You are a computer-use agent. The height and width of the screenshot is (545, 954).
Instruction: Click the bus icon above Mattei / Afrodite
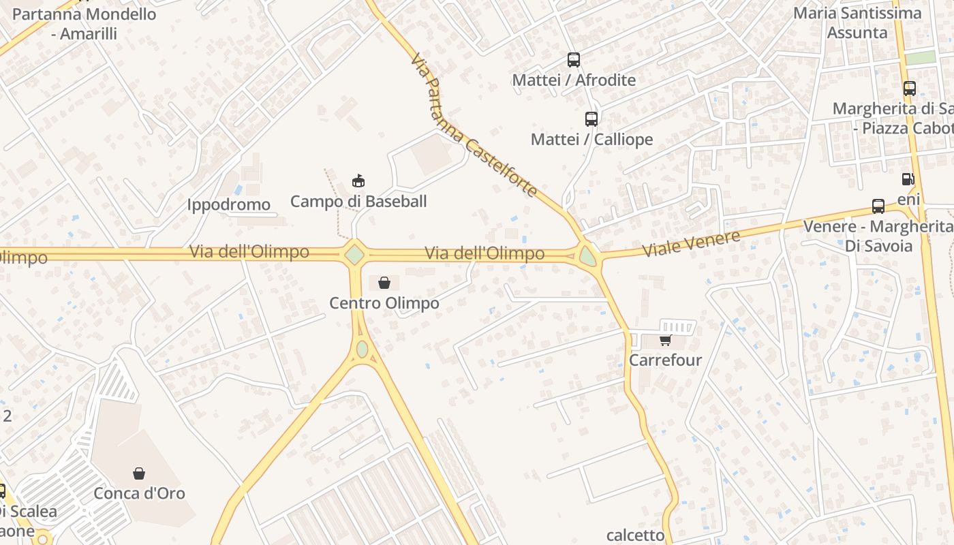click(574, 60)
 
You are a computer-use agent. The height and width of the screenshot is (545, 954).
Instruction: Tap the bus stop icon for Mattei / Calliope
click(591, 119)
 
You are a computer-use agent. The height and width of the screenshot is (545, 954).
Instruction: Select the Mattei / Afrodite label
click(574, 80)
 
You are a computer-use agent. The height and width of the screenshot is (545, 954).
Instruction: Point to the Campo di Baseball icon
click(358, 181)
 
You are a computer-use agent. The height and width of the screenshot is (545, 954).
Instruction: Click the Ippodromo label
click(228, 204)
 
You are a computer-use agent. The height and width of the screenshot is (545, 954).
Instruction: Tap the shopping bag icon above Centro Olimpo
click(384, 283)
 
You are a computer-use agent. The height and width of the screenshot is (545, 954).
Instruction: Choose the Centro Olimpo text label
click(384, 303)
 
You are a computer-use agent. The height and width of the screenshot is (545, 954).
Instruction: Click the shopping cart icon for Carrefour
click(665, 340)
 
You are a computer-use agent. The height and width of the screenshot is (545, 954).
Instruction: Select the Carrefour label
click(665, 360)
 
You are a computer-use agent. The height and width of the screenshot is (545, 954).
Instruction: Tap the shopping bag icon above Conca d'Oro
click(139, 473)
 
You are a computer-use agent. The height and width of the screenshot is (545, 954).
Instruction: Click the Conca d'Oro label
click(139, 493)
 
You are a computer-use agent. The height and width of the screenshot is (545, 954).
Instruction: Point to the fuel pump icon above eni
click(908, 179)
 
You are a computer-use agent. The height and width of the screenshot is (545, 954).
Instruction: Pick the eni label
click(908, 199)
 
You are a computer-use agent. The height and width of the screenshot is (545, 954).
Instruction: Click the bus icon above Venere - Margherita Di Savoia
click(878, 206)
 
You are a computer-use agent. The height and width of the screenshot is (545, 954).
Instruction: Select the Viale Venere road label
click(692, 244)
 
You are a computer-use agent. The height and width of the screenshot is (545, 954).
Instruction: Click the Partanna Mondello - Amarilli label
click(84, 24)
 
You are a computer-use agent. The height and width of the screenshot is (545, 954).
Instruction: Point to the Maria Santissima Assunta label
click(857, 22)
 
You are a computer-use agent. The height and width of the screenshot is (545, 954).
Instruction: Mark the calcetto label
click(635, 535)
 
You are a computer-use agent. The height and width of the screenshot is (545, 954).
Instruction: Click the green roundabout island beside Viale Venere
click(587, 257)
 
